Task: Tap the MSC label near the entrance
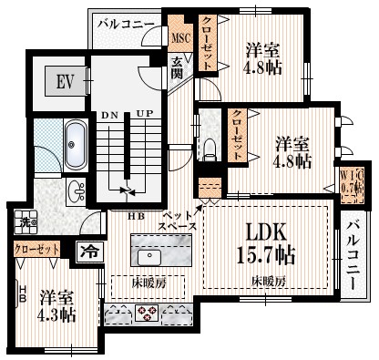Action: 179,37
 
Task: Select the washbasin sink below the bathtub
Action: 77,191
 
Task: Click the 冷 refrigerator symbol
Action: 89,249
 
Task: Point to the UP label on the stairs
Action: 143,116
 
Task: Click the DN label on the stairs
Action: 109,116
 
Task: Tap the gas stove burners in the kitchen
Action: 148,314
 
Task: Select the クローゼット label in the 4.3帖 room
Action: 36,248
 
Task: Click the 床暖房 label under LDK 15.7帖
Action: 270,281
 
